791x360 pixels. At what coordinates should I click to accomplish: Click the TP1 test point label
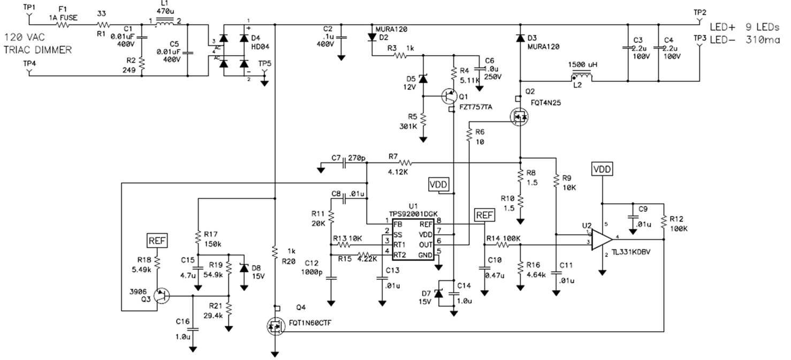click(x=29, y=7)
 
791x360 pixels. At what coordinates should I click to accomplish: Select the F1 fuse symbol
click(x=63, y=25)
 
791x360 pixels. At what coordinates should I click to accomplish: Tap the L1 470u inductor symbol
click(x=164, y=22)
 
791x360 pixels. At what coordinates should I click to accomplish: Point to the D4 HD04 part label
click(x=261, y=42)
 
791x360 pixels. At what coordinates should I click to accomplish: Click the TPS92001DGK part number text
click(x=413, y=214)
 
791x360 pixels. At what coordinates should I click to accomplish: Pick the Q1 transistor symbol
click(x=450, y=96)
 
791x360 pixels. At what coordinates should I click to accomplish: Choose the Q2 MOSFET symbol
click(x=519, y=117)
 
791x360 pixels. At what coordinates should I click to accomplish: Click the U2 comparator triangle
click(x=602, y=240)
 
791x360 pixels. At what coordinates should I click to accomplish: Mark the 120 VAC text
click(x=25, y=37)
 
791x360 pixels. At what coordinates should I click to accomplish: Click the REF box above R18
click(x=157, y=241)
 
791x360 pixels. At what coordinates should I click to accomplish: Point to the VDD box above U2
click(x=602, y=169)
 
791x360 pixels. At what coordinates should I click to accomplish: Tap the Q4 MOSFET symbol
click(x=276, y=326)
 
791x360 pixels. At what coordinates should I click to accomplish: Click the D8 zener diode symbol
click(x=244, y=268)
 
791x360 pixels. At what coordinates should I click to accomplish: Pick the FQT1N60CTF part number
click(x=310, y=323)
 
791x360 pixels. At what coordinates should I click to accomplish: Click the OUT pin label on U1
click(x=425, y=244)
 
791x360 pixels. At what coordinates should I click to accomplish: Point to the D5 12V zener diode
click(x=423, y=79)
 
